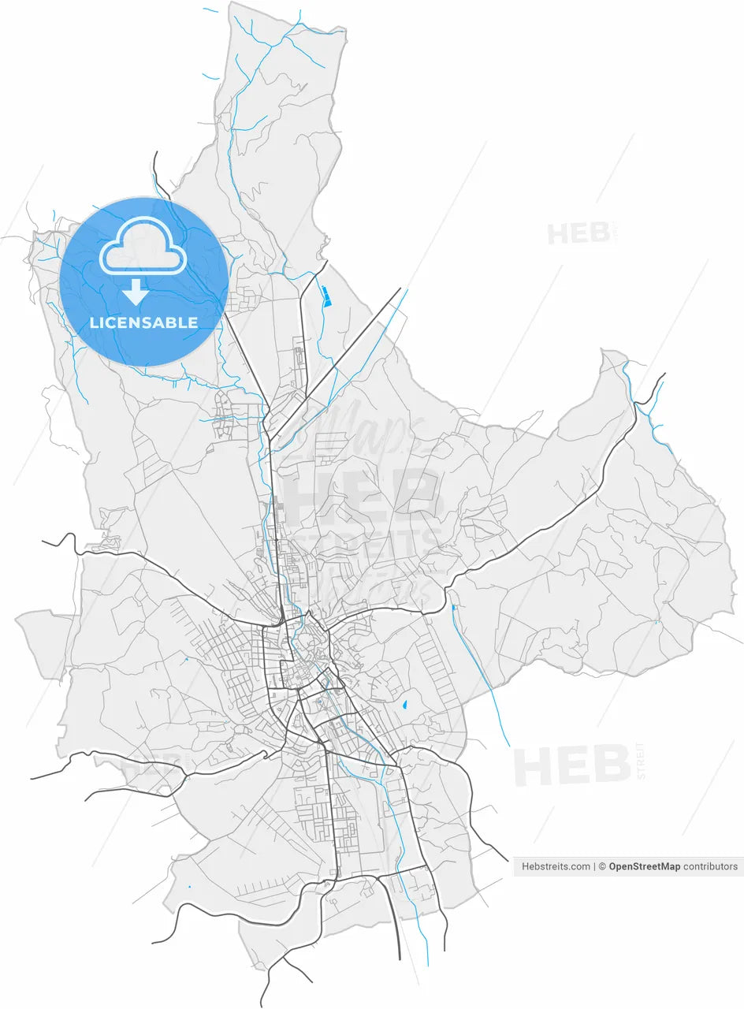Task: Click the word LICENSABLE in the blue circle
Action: point(143,322)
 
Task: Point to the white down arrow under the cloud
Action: point(136,292)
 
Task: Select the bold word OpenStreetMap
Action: point(644,866)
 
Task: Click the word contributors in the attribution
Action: point(710,866)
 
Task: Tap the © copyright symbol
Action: point(602,866)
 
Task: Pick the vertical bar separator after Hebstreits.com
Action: point(594,866)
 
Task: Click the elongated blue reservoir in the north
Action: point(325,296)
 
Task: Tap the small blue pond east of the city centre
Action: point(404,706)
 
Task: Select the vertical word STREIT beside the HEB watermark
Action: point(640,761)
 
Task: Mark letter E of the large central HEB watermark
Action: point(363,494)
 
